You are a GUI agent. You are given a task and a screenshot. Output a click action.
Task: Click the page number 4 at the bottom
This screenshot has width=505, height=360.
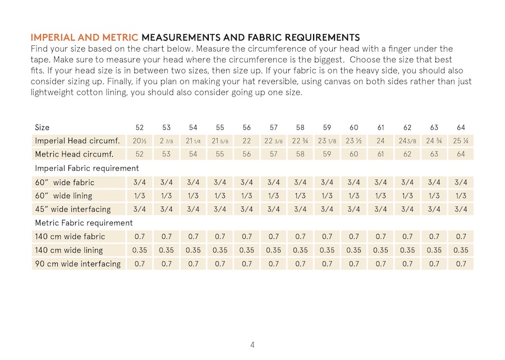coord(252,345)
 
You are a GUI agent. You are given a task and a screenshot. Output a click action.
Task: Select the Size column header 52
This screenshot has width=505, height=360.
coord(140,127)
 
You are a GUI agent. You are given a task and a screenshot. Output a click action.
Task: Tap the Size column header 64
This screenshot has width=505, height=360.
coord(461,127)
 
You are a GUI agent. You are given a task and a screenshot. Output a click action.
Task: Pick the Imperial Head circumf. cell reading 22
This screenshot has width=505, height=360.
coord(246,141)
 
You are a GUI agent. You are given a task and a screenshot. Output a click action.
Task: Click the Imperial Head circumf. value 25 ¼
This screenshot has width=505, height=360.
coord(461,141)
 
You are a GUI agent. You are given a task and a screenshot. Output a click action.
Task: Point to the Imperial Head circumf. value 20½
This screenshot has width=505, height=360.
coord(140,141)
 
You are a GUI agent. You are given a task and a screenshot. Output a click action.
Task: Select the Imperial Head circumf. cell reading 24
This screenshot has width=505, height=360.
coord(380,141)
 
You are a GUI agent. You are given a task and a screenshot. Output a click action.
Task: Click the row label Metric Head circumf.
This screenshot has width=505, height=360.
coord(74,154)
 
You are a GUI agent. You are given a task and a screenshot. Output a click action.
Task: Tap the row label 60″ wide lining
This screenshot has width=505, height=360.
coord(63,196)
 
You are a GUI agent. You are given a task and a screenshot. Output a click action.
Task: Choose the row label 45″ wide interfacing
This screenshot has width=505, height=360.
coord(73,209)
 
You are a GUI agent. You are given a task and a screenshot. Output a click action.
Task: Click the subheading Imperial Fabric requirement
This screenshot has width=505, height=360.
coord(87,168)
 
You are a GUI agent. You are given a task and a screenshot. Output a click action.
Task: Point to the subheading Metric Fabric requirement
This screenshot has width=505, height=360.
coord(84,223)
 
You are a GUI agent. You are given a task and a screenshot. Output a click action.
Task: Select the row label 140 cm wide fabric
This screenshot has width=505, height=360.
coord(70,237)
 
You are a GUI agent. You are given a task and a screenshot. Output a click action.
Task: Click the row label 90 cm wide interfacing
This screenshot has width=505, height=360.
coord(77,264)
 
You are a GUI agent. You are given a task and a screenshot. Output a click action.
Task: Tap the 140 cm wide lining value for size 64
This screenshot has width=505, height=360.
coord(461,250)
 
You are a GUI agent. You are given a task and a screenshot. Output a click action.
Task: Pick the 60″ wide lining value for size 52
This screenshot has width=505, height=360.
coord(140,196)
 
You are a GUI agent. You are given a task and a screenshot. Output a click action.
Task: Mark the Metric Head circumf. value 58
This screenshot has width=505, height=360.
coord(300,154)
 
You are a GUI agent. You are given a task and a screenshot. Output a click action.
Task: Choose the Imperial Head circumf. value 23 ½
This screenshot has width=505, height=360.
coord(353,141)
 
